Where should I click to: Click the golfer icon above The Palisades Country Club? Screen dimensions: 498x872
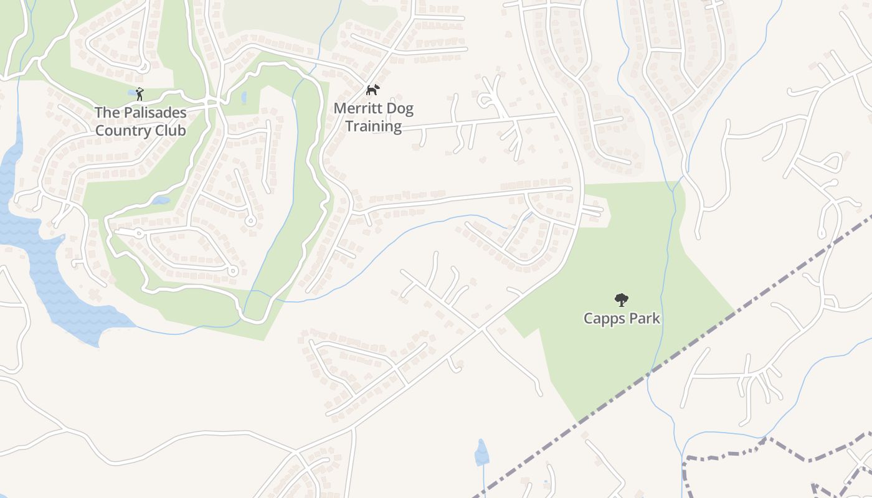click(140, 94)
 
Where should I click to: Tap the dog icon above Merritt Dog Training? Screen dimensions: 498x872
click(372, 90)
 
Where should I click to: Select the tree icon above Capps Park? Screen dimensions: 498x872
click(621, 300)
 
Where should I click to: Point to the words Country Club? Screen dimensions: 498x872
click(140, 131)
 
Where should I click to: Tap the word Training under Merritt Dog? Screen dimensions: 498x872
click(374, 126)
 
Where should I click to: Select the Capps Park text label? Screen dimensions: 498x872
click(622, 319)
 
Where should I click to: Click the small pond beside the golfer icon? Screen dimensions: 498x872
click(131, 93)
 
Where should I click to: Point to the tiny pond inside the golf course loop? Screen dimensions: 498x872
click(161, 200)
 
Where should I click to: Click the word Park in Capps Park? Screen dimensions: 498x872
click(643, 319)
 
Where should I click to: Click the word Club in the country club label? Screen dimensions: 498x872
click(171, 131)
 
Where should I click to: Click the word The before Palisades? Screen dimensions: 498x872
click(105, 113)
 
